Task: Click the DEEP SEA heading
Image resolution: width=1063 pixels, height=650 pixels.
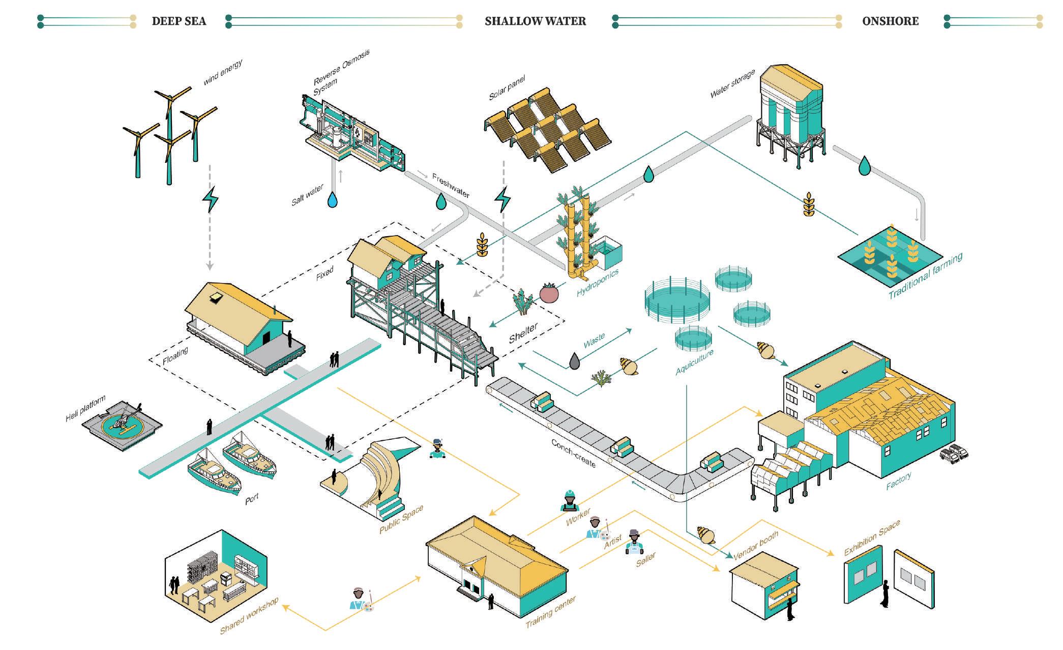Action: (179, 21)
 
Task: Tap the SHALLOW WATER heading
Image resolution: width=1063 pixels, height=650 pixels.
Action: (535, 21)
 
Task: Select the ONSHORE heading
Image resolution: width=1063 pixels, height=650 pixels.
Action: (890, 21)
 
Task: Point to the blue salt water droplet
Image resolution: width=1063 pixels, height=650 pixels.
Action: (333, 200)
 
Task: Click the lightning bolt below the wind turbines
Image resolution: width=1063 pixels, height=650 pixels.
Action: (210, 199)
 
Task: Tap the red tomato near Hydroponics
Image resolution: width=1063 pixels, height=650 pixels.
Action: (549, 293)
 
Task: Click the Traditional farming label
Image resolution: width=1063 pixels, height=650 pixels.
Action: (925, 276)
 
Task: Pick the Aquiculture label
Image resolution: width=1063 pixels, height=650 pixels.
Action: (694, 362)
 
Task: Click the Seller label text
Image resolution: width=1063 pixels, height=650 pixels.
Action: (645, 559)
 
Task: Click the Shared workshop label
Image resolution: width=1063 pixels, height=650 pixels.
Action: (249, 616)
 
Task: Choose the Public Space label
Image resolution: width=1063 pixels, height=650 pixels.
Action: (401, 520)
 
